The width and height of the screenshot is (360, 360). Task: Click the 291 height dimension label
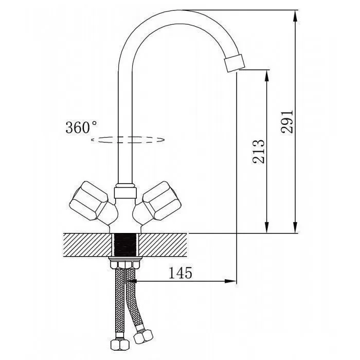pos(287,121)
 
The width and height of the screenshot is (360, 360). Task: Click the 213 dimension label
pos(258,151)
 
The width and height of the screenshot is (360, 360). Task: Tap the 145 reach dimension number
pos(180,273)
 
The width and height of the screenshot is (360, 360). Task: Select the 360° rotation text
pos(81,127)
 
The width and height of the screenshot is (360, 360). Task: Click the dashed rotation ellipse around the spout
pos(128,139)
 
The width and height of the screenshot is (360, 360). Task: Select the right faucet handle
pos(156,203)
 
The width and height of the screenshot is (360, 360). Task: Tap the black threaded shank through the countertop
pos(125,244)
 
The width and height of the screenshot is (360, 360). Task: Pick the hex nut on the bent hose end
pos(143,336)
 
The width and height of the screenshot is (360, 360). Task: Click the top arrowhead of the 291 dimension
pos(296,16)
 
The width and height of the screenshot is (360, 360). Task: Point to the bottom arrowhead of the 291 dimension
pos(296,227)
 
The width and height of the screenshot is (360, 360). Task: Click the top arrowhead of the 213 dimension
pos(267,75)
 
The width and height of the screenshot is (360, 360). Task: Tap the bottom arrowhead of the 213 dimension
pos(267,227)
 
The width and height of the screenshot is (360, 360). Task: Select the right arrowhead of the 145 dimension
pos(230,281)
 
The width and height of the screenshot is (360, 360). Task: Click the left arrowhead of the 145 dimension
pos(131,281)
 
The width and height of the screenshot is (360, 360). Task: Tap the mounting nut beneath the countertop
pos(125,263)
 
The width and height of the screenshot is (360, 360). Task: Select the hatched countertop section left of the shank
pos(87,245)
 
